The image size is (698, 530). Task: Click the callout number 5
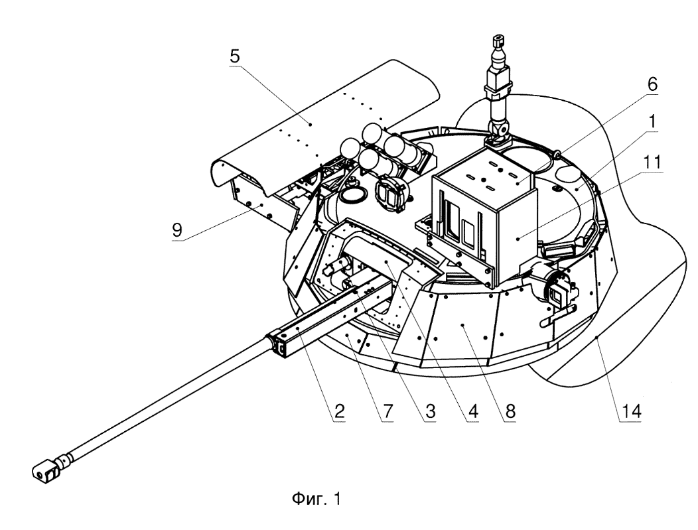(x=235, y=56)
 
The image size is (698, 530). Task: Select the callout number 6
(x=652, y=84)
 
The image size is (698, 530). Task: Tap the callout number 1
(x=652, y=121)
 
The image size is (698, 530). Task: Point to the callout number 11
(x=652, y=162)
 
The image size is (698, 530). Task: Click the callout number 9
(x=177, y=230)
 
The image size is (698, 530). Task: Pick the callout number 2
(x=339, y=411)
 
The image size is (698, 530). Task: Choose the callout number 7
(x=388, y=411)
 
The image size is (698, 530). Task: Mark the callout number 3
(x=430, y=411)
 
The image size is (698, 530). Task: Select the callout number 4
(x=473, y=411)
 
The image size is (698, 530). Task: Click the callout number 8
(x=510, y=411)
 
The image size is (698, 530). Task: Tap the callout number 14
(x=631, y=411)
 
